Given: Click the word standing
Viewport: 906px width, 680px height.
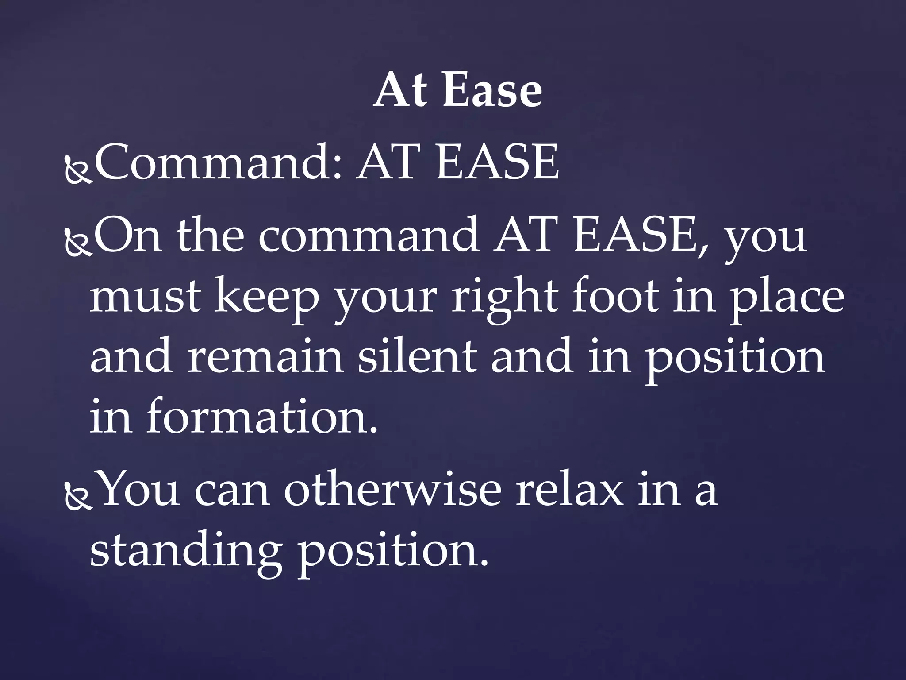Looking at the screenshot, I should [186, 553].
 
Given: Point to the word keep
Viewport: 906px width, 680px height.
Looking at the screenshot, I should [267, 299].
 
